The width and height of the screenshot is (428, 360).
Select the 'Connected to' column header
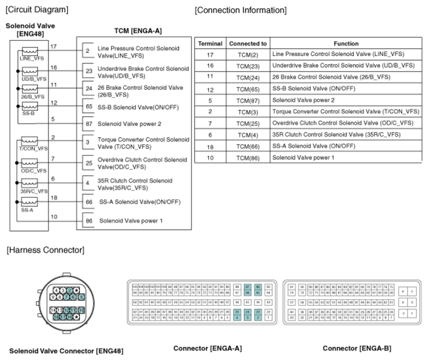tap(248, 44)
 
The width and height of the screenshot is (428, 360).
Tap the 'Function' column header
tap(346, 44)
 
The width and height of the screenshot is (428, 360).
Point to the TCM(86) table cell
tap(248, 158)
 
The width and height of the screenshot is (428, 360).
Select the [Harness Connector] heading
tap(45, 250)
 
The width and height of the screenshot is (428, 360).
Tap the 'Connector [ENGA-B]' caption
tap(357, 348)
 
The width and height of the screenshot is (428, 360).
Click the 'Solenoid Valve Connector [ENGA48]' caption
tap(66, 351)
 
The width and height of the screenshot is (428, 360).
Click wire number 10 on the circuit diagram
tap(53, 216)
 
